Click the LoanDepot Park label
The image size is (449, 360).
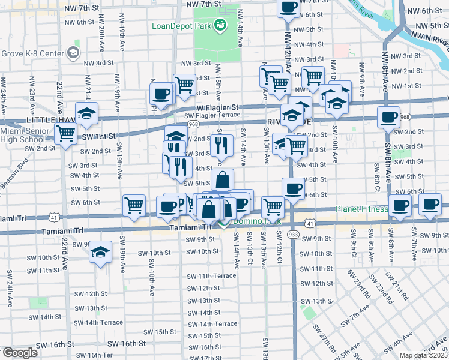click(180, 26)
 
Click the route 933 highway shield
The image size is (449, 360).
click(293, 235)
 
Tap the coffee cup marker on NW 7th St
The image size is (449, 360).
click(288, 7)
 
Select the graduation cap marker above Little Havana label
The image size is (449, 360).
click(87, 113)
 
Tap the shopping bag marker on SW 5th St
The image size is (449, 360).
click(222, 179)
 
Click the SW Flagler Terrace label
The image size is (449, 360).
click(212, 115)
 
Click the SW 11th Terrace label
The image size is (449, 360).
click(211, 276)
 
